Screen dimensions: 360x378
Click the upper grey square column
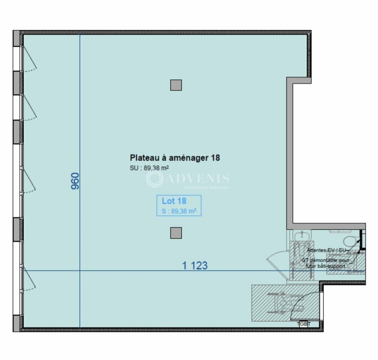coord(176,85)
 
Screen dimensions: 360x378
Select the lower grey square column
coord(176,232)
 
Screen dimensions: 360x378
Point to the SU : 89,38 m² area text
coord(150,167)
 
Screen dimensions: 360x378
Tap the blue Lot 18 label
coord(171,201)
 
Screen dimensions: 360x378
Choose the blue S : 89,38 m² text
coord(179,211)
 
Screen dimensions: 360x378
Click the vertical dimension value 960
coord(75,181)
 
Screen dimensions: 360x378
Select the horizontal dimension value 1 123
coord(195,266)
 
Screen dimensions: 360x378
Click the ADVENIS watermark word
coord(198,178)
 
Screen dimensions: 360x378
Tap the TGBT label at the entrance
coord(305,323)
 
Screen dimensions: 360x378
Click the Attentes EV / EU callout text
coord(326,249)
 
